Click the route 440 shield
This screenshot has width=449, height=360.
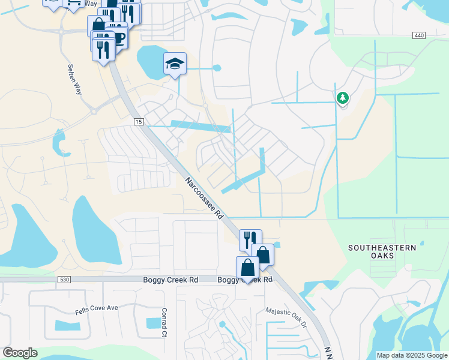click(419, 36)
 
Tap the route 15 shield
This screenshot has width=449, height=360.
click(139, 122)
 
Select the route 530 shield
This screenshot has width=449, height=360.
click(65, 280)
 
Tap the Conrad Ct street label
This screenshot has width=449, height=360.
click(163, 323)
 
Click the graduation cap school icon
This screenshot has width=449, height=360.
click(175, 64)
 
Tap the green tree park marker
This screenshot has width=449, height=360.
click(343, 98)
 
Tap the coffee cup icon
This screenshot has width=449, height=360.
click(118, 38)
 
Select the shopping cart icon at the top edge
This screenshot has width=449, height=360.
click(73, 3)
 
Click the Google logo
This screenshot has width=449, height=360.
click(20, 353)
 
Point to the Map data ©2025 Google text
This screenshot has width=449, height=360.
click(411, 355)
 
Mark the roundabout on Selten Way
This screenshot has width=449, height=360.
click(93, 111)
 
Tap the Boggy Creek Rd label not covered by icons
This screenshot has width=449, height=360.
click(170, 280)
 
